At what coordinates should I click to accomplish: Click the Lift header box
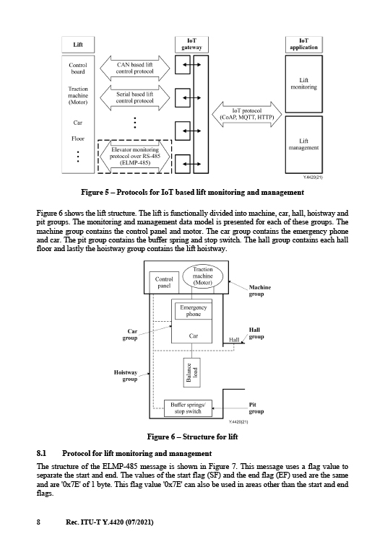(78, 45)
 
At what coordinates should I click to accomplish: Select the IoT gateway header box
(191, 44)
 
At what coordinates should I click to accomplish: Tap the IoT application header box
(303, 44)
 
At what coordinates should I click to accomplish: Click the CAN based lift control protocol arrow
(135, 68)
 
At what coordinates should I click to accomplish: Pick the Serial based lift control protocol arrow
(135, 97)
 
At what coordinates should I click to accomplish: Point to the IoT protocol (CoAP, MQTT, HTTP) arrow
(247, 114)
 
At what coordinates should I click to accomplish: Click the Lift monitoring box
(303, 84)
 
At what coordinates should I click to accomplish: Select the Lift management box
(303, 145)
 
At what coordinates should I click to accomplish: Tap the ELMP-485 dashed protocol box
(135, 157)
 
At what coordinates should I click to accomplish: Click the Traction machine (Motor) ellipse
(202, 276)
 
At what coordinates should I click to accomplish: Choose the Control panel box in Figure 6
(164, 282)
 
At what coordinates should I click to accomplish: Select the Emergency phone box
(193, 311)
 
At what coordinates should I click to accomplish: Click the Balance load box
(192, 372)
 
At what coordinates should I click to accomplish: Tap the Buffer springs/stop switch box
(188, 408)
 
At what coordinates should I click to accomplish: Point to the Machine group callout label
(259, 291)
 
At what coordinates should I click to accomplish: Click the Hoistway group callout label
(126, 376)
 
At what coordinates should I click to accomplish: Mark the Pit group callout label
(256, 408)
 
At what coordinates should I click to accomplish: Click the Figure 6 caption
(192, 436)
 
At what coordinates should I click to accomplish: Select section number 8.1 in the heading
(41, 453)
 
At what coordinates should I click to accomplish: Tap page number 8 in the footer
(38, 522)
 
